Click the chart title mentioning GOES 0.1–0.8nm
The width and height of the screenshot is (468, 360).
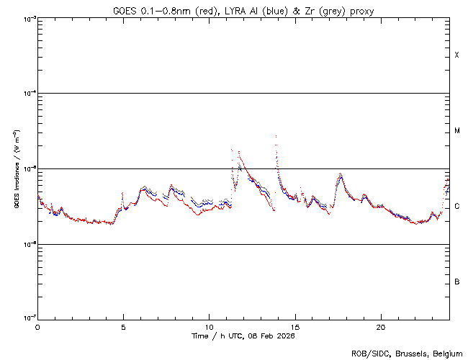point(243,11)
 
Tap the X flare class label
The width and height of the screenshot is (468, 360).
point(457,55)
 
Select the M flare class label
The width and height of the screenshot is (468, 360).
point(457,131)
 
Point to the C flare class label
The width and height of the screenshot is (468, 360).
point(457,207)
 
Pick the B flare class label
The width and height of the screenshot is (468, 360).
point(457,282)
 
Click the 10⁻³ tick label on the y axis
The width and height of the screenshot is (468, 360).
point(28,19)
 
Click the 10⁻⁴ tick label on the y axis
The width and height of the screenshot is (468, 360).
point(28,94)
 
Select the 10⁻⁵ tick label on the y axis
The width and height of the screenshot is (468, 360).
point(28,169)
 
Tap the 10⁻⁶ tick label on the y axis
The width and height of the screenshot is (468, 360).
point(28,245)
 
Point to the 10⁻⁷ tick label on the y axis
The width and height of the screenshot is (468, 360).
point(28,319)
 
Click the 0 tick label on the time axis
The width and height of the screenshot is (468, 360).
point(37,326)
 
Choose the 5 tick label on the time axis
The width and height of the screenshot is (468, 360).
point(123,326)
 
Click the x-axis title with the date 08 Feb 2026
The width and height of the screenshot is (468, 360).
point(243,336)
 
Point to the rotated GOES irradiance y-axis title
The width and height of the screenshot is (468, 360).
point(16,169)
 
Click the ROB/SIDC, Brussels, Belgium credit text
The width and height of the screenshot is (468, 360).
point(407,353)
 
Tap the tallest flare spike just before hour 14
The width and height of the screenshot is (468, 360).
point(276,135)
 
